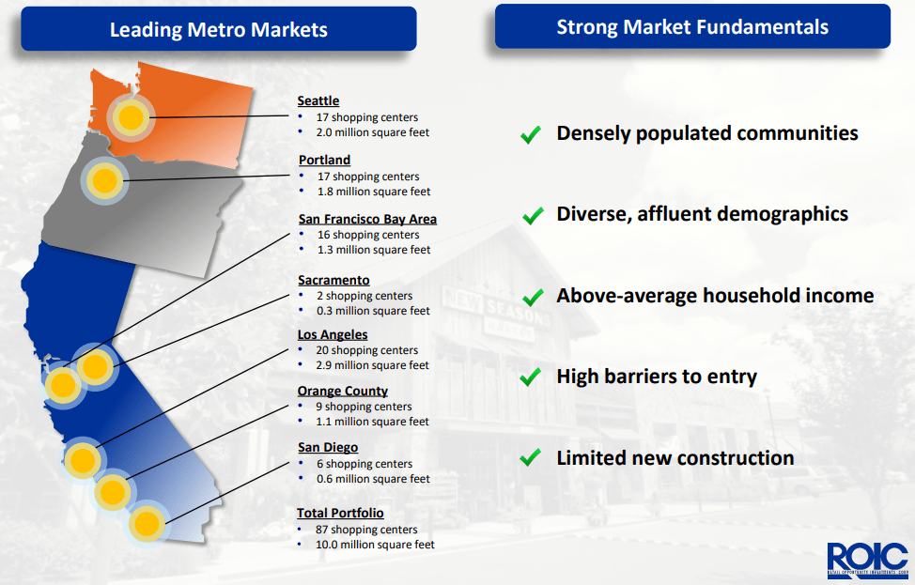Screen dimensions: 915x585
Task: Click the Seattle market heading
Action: point(318,100)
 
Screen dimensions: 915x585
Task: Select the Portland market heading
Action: point(324,160)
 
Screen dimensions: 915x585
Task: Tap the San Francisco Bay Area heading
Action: point(367,220)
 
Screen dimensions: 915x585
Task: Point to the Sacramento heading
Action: point(333,280)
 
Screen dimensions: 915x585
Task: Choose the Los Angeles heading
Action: point(333,335)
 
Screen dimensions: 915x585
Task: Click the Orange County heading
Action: point(343,391)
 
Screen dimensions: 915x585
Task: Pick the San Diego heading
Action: point(328,447)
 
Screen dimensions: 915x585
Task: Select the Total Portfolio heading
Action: point(340,513)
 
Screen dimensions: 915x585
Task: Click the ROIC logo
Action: point(868,561)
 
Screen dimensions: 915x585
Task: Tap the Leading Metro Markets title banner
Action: point(219,29)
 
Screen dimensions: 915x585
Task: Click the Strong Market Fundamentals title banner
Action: point(692,27)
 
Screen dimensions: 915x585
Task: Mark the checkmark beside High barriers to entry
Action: point(531,377)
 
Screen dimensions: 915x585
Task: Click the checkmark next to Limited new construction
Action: point(531,457)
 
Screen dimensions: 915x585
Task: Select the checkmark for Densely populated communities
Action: point(531,134)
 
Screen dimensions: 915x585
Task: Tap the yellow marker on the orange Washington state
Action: point(131,117)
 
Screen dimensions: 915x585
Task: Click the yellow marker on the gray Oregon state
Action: point(105,180)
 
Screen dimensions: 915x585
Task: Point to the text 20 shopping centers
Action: point(367,350)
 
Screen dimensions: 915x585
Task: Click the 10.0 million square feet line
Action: point(375,545)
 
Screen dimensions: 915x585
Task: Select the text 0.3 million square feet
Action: point(374,311)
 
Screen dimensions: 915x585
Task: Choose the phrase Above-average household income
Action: point(715,296)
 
